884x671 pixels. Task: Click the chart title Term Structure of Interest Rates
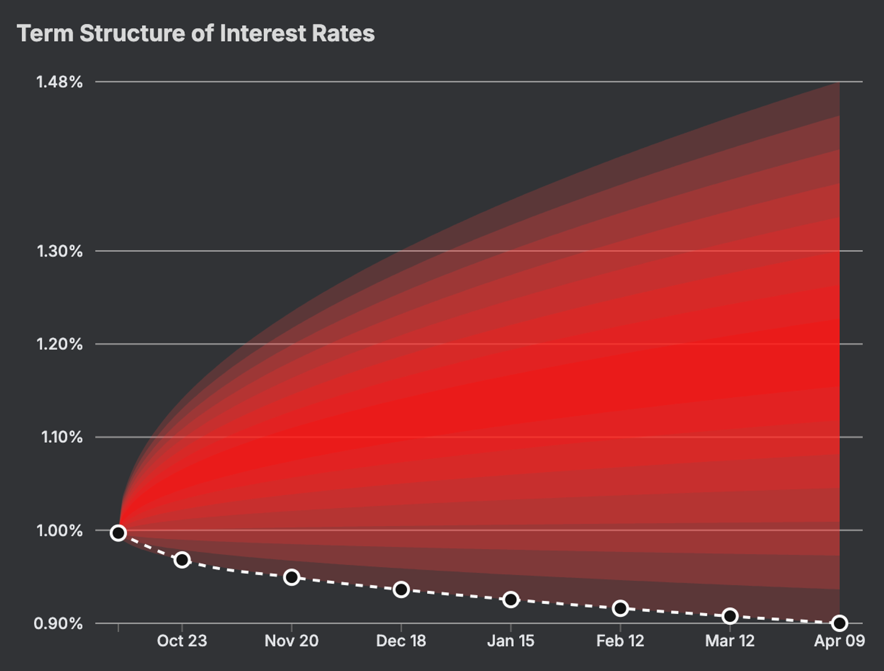196,34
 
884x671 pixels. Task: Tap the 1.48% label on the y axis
60,82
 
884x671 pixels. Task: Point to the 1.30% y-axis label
60,251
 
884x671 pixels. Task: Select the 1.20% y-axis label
60,344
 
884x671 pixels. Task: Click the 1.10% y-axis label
61,437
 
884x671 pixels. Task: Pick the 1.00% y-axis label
60,531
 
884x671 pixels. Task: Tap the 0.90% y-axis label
58,623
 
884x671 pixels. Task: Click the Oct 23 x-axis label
182,641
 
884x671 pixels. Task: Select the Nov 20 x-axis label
292,641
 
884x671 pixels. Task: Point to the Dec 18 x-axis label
401,641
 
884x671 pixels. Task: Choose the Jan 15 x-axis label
510,641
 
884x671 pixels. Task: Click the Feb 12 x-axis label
620,641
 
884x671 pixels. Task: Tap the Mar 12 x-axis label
730,641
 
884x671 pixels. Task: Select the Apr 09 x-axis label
839,641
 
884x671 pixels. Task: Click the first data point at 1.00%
118,533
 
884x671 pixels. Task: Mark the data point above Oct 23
182,560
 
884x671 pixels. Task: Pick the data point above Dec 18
401,590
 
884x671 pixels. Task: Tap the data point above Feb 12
620,608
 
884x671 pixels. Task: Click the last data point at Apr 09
839,623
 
